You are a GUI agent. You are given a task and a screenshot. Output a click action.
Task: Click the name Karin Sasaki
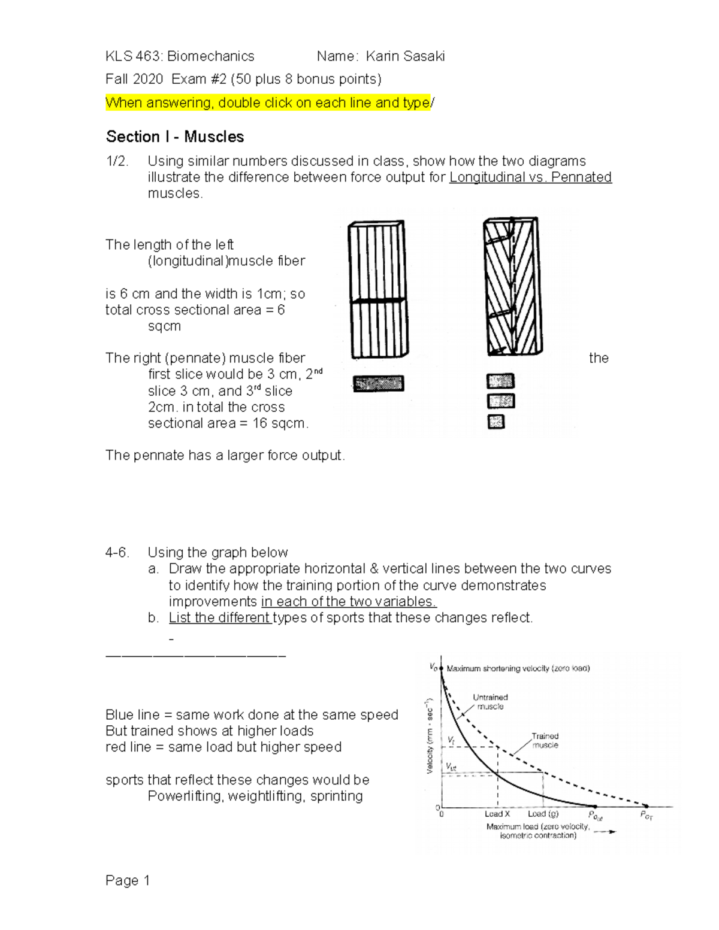405,56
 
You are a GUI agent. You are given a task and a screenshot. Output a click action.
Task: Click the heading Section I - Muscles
175,137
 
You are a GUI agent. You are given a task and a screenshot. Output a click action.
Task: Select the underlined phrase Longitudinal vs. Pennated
530,177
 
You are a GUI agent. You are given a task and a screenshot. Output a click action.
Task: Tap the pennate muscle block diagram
514,286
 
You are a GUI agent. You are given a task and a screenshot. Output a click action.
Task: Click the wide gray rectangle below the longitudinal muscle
379,384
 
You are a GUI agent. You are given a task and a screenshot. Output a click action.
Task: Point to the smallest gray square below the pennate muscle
496,422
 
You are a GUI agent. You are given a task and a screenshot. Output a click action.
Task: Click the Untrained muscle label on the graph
490,702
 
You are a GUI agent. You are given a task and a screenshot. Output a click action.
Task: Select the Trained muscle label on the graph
545,741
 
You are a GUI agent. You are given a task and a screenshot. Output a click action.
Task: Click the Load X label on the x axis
497,814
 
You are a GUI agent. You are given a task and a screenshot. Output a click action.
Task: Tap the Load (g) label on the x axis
543,814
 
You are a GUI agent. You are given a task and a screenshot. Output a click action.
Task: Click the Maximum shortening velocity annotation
518,668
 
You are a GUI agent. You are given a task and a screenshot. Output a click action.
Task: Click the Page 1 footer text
128,880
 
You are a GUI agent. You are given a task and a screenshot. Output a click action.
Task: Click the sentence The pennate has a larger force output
225,456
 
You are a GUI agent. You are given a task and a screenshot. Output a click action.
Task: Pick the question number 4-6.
117,553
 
